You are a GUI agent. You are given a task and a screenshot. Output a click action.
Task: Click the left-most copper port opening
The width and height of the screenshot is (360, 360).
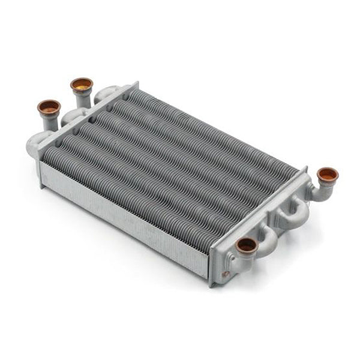click(x=49, y=107)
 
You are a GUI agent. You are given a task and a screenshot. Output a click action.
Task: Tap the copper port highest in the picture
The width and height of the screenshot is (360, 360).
click(x=81, y=85)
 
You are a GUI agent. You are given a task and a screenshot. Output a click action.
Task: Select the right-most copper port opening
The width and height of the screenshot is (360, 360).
click(x=328, y=175)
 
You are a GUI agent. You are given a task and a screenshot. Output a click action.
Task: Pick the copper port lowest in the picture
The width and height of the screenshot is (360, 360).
click(x=247, y=245)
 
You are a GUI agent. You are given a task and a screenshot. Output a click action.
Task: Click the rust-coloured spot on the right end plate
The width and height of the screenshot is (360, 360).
click(x=226, y=275)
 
